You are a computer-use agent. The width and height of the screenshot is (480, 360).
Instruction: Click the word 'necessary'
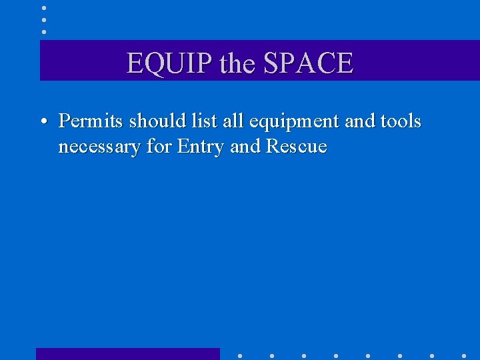coord(99,147)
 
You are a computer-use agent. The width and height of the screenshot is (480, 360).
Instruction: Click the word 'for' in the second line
coord(159,146)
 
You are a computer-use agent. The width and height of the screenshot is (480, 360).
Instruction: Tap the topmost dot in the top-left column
coord(43,7)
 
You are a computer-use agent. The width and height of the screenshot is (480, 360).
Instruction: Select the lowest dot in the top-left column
coord(43,31)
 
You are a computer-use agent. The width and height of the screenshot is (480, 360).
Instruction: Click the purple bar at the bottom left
coord(127,353)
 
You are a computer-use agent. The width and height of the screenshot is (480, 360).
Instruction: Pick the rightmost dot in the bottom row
coord(464,356)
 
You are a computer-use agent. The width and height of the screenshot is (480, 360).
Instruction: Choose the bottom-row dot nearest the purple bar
coord(240,356)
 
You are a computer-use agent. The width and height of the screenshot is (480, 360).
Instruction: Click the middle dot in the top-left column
coord(43,19)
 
